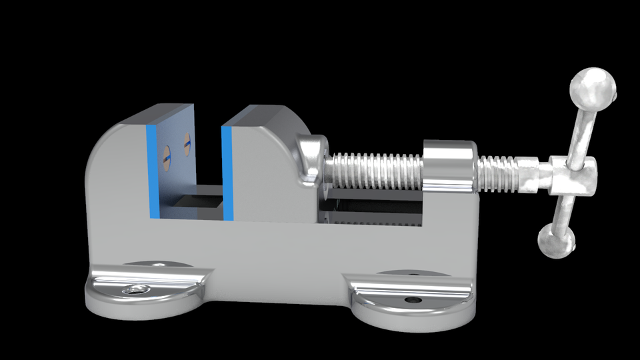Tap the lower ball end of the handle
click(555, 241)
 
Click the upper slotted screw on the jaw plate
click(186, 142)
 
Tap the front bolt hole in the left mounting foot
click(136, 289)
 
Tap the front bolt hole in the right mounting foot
click(412, 300)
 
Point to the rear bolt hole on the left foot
click(159, 265)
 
